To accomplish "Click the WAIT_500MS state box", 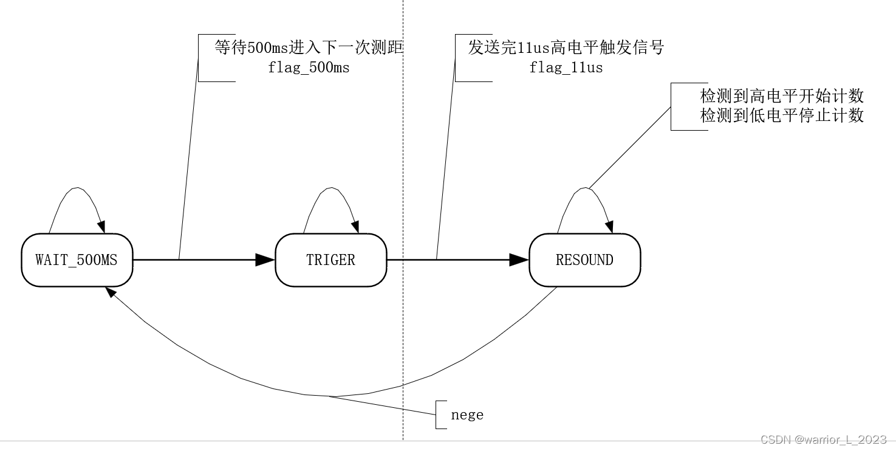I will (77, 260).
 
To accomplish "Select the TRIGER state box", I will (330, 260).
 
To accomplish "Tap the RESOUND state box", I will (584, 260).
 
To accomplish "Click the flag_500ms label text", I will (309, 67).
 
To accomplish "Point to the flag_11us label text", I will (566, 67).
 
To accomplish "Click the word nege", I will (467, 415).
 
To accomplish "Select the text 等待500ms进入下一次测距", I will (309, 48).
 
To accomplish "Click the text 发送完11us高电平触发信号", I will (566, 48).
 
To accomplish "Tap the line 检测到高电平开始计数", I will (782, 96).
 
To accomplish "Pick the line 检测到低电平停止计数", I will (782, 115).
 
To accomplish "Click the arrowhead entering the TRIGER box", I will (265, 260).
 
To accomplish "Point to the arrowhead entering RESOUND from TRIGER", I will (519, 260).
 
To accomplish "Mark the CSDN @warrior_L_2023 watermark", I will (823, 439).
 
